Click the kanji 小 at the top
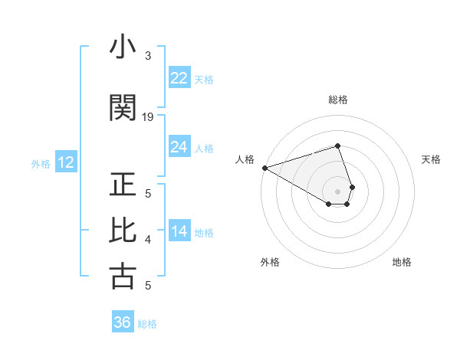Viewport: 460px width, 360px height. (x=123, y=48)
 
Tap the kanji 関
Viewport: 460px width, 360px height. (x=123, y=108)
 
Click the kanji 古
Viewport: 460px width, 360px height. (x=123, y=276)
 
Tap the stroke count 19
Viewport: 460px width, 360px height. (x=148, y=117)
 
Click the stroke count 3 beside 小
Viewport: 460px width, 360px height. (x=148, y=56)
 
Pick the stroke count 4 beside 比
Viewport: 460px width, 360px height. (x=148, y=240)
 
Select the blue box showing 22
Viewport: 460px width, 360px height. (x=179, y=78)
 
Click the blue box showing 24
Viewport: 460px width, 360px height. (x=179, y=147)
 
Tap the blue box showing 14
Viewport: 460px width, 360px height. (x=179, y=231)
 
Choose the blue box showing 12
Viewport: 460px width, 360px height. (x=65, y=162)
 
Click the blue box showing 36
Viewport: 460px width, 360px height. (x=122, y=322)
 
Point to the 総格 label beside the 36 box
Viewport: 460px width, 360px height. (x=147, y=324)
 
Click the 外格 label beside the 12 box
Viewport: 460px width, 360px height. (x=41, y=163)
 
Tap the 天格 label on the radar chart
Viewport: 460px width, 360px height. (x=432, y=159)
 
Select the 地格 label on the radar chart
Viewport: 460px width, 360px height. (x=402, y=262)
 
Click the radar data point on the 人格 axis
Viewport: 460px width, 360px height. (x=264, y=168)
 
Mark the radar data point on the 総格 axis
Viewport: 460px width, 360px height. (x=337, y=146)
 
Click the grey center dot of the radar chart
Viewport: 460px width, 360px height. (x=337, y=191)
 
